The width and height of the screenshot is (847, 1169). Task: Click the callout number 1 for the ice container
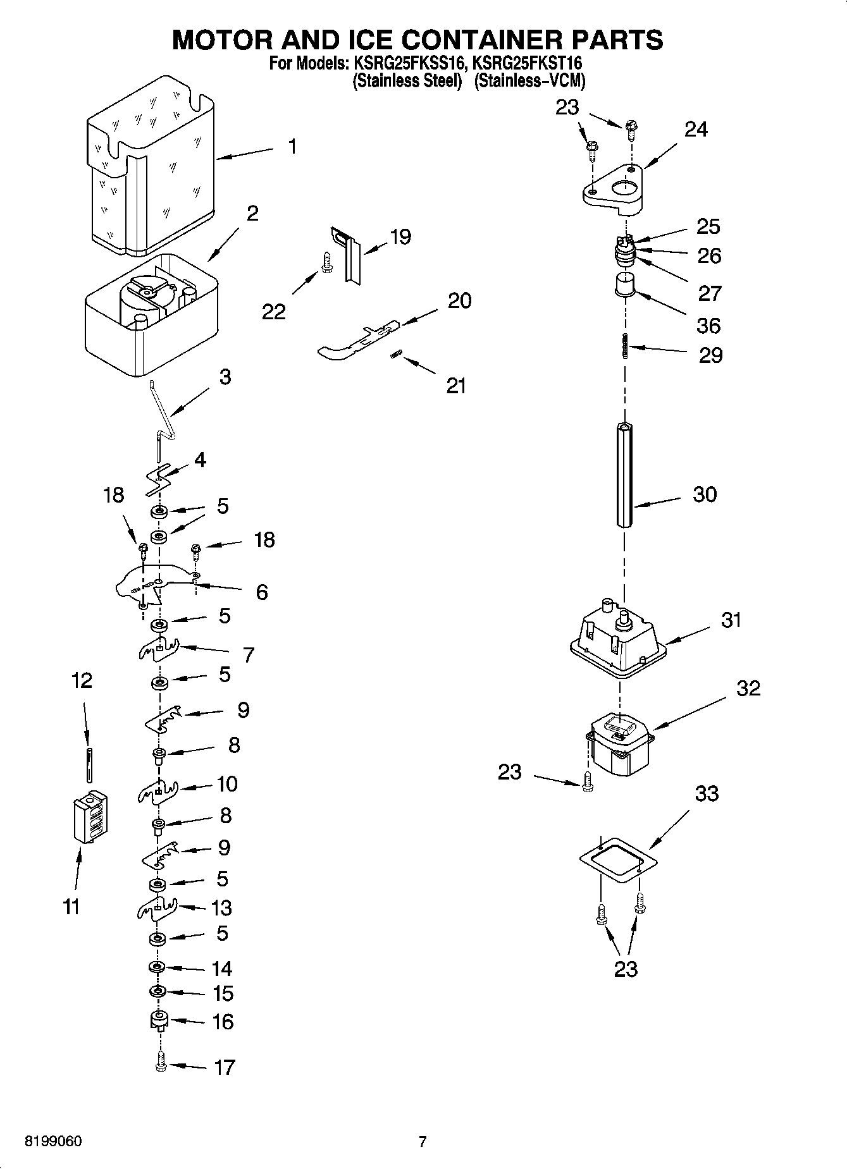[292, 147]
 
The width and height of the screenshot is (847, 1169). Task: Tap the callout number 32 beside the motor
[748, 688]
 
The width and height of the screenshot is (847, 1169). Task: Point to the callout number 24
[696, 130]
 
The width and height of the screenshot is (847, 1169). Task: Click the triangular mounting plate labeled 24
[614, 186]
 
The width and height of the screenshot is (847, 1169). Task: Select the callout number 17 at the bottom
[224, 1067]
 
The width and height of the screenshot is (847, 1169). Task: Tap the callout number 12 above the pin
[82, 680]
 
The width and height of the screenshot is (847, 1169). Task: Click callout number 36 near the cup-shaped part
[708, 326]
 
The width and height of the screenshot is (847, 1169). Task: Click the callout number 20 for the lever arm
[459, 300]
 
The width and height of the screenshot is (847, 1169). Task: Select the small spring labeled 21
[395, 357]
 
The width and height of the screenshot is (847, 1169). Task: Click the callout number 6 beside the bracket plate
[261, 592]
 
